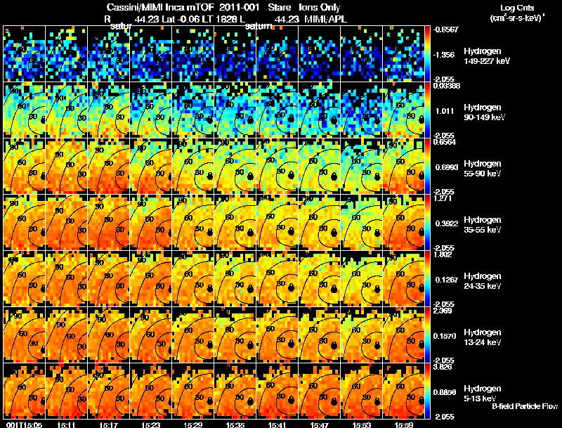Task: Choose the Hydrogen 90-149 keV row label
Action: tap(485, 112)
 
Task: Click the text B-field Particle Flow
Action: tap(524, 406)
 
